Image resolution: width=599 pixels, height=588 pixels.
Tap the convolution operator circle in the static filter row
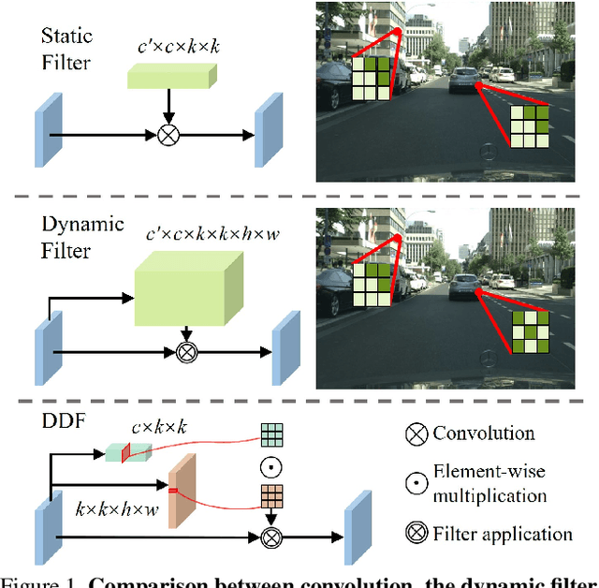coord(168,135)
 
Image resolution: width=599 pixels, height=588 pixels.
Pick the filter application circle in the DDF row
coord(270,537)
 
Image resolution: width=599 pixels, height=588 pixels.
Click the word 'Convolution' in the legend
coord(483,433)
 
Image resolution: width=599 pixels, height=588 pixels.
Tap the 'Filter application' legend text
coord(503,535)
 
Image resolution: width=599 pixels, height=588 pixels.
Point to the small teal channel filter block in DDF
coord(124,451)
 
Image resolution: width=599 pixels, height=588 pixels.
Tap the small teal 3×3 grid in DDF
coord(270,434)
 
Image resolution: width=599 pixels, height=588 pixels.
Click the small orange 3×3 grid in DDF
coord(270,496)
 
